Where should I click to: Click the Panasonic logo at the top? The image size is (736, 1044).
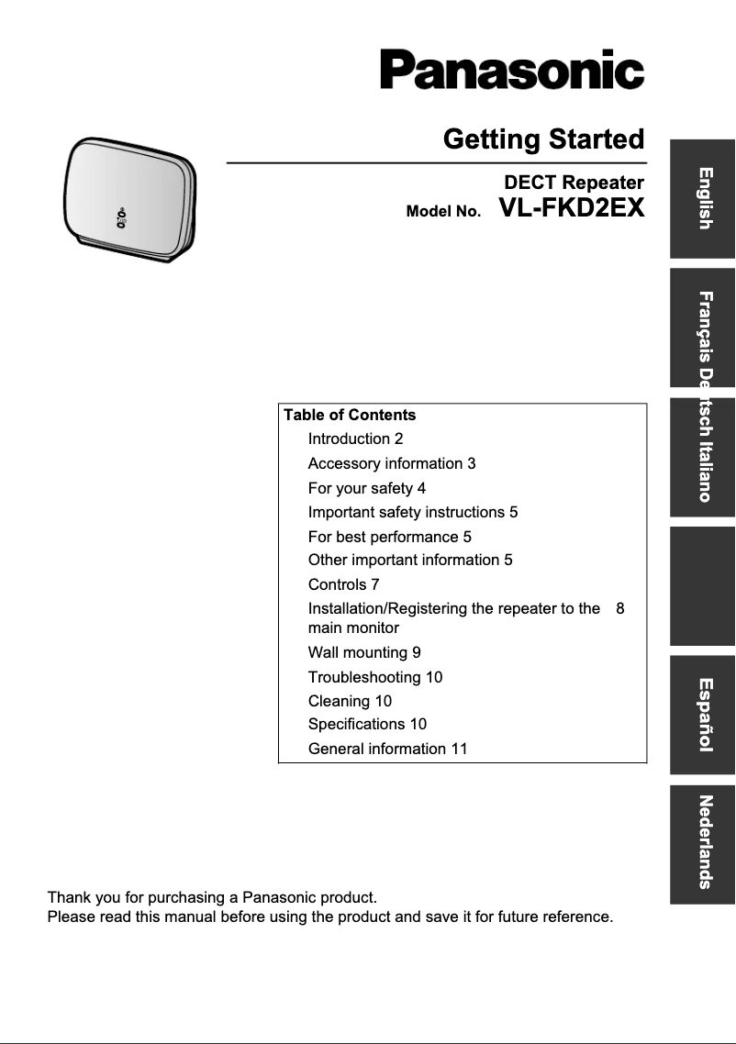512,68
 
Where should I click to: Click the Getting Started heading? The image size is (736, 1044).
543,139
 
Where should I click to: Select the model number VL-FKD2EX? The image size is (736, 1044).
572,208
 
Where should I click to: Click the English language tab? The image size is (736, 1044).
703,198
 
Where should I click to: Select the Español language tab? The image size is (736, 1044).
703,715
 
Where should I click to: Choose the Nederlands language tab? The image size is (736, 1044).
703,843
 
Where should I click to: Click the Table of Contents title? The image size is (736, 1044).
350,415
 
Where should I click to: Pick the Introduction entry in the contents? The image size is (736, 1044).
355,439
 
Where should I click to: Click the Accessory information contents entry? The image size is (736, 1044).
391,464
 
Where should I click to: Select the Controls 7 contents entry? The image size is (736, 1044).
343,584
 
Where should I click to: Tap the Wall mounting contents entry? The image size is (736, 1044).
364,653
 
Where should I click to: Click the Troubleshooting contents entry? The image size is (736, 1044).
374,677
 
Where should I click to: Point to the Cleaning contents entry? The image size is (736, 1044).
350,701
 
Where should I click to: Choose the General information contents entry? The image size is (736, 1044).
387,749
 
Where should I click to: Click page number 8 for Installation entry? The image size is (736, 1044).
620,608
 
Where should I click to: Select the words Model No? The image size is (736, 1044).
443,212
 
